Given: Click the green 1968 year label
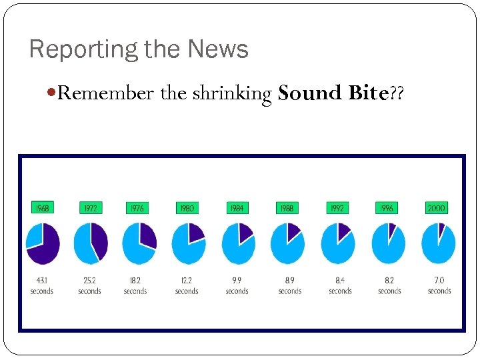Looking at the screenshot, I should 42,208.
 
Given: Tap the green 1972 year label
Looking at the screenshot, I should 90,208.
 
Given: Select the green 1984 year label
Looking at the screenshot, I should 237,208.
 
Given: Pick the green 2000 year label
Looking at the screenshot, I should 437,208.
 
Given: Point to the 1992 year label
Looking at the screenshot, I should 337,208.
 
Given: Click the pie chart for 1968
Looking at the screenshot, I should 42,243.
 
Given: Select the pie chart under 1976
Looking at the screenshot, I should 139,243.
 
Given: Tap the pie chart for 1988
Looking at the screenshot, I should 287,243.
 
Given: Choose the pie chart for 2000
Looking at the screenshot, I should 438,243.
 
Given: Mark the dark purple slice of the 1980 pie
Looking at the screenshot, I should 196,231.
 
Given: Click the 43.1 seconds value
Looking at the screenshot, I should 41,285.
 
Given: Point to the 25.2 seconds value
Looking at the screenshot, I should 89,285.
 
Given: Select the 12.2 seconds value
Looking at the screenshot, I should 187,285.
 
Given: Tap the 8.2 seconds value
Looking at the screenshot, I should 389,285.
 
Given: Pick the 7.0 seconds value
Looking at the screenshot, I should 439,285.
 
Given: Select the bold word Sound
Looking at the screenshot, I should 310,93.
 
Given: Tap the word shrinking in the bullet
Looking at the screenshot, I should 232,93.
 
